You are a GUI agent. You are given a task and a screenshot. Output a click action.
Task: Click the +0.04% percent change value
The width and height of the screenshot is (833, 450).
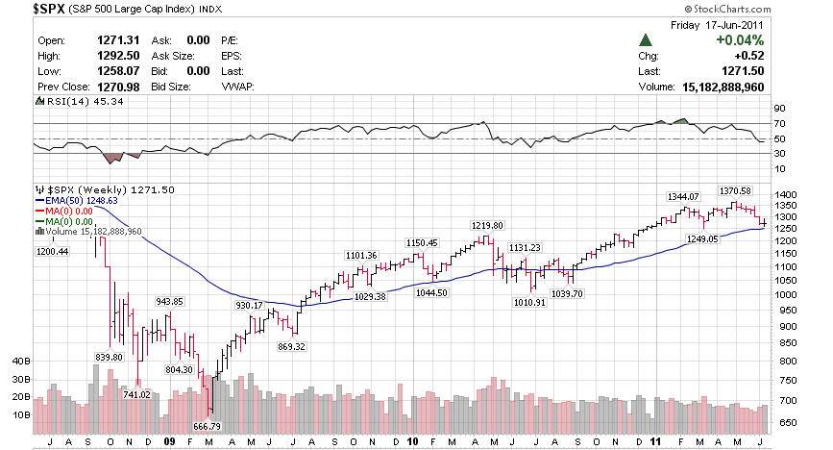click(x=740, y=40)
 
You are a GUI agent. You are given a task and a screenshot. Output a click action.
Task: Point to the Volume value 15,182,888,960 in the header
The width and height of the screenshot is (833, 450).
click(x=716, y=87)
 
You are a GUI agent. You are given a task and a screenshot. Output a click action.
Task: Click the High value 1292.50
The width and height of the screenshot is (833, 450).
click(x=116, y=56)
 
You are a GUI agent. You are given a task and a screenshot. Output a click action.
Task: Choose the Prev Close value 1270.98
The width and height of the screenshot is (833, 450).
click(x=116, y=87)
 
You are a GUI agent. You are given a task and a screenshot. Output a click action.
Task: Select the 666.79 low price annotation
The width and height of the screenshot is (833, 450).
click(x=208, y=426)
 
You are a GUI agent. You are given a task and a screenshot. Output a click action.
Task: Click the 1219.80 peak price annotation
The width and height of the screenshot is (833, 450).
click(x=487, y=225)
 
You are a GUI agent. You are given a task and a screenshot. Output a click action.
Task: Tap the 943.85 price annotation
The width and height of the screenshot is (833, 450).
click(x=169, y=301)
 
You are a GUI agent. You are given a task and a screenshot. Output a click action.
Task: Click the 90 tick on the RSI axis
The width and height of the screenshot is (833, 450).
click(x=779, y=109)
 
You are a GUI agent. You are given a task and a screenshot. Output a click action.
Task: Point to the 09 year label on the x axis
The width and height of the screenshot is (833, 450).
click(x=169, y=441)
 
